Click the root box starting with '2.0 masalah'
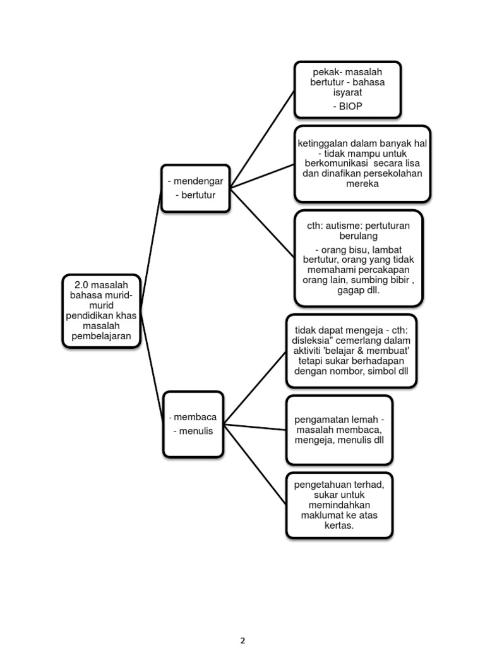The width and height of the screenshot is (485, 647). click(101, 310)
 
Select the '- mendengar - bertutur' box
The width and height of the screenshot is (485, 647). click(195, 188)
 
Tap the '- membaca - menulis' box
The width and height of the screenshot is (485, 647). click(194, 424)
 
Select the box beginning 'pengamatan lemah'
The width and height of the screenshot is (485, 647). click(339, 430)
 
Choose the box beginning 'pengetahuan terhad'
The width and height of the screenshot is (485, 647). click(339, 504)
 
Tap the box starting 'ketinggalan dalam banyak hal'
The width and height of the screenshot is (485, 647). click(362, 164)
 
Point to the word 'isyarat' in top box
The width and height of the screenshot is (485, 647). click(347, 93)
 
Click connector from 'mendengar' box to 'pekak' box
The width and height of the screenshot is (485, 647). click(262, 139)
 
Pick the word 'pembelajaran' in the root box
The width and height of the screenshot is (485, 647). click(101, 336)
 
